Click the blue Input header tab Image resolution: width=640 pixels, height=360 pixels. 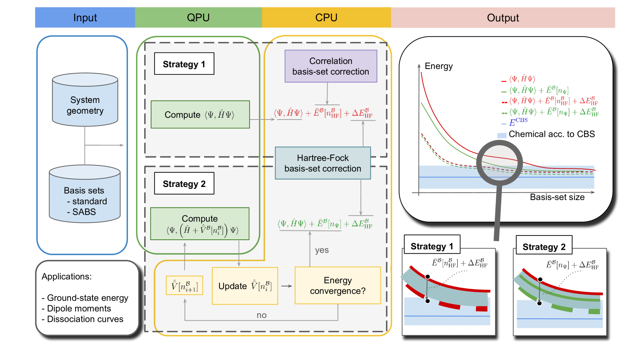(85, 18)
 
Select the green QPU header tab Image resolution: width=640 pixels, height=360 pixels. (198, 18)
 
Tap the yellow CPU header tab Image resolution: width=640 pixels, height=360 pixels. (326, 18)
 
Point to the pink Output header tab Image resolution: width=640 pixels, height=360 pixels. (502, 18)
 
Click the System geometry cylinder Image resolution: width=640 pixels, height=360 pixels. (85, 100)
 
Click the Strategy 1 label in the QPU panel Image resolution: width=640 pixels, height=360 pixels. (184, 64)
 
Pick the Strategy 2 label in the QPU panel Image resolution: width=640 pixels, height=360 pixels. (184, 183)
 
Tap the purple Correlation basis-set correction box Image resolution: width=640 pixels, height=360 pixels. (331, 66)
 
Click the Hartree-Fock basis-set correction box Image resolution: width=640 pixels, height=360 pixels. (323, 163)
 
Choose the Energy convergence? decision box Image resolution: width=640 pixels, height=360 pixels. (338, 285)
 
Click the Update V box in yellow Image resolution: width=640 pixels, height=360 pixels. (245, 286)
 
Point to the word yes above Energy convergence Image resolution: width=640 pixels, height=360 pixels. (322, 250)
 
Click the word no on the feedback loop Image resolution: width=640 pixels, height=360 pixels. (262, 315)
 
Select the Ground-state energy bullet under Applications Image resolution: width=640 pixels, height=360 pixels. (85, 298)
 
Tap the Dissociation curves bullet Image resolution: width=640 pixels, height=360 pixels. (82, 319)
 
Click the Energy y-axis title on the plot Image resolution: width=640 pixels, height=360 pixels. (438, 66)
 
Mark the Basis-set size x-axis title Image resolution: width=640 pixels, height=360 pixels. (557, 197)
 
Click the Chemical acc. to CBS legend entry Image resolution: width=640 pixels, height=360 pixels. (551, 134)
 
